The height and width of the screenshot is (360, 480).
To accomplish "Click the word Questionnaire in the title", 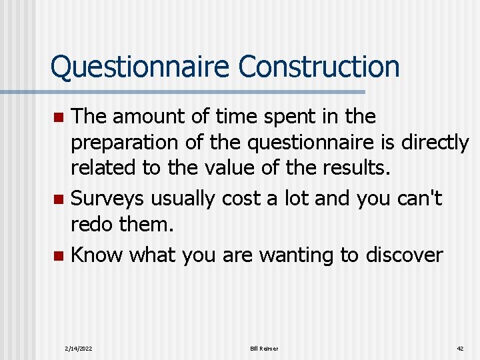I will click(x=140, y=67).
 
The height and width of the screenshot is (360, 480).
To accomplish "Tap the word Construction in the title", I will click(x=319, y=67).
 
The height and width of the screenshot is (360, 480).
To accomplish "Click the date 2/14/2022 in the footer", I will click(x=79, y=349).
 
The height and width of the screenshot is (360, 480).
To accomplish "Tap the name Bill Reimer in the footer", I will click(x=264, y=349).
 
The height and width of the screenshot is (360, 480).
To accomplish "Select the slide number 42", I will click(x=460, y=349).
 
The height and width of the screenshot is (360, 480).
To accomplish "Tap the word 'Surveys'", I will click(x=108, y=198).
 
